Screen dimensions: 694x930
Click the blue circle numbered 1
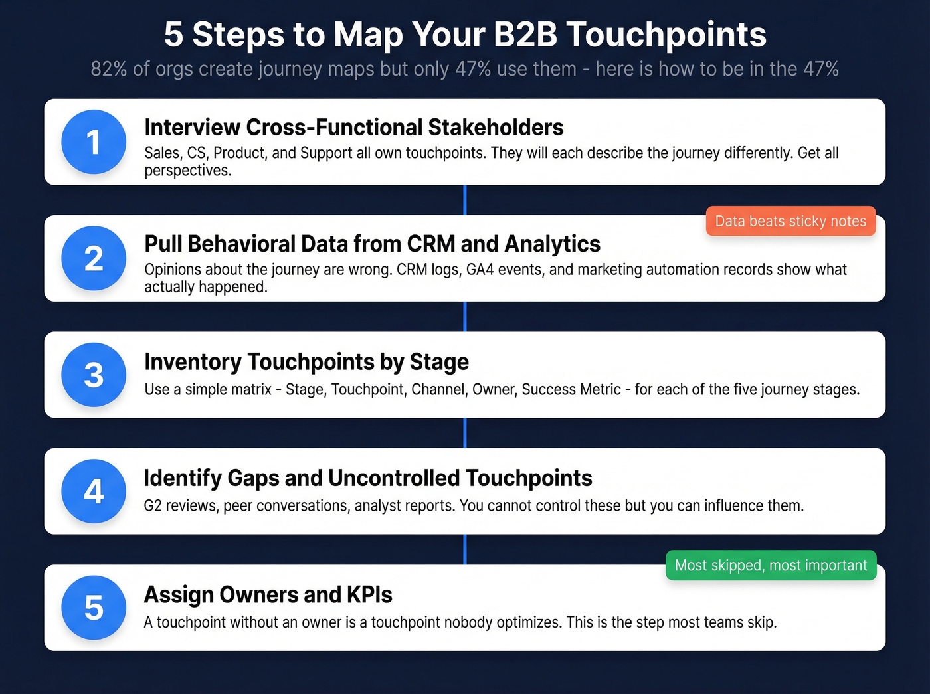pyautogui.click(x=94, y=142)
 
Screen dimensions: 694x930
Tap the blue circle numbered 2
pyautogui.click(x=94, y=258)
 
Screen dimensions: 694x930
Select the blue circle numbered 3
pyautogui.click(x=94, y=375)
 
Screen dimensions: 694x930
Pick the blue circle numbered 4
pyautogui.click(x=94, y=491)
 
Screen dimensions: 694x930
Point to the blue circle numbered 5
pyautogui.click(x=94, y=608)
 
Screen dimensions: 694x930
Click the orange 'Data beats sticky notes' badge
pyautogui.click(x=790, y=221)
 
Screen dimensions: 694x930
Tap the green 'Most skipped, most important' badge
pyautogui.click(x=771, y=565)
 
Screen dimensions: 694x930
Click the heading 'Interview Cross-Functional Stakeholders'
pyautogui.click(x=353, y=127)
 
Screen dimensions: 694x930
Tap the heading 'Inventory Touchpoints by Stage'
pyautogui.click(x=306, y=362)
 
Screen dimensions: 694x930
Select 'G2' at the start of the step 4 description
pyautogui.click(x=153, y=506)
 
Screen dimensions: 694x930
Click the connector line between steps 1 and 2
pyautogui.click(x=465, y=200)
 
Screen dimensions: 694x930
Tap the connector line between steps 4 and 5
pyautogui.click(x=465, y=549)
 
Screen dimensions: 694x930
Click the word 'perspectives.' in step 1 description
pyautogui.click(x=188, y=171)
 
